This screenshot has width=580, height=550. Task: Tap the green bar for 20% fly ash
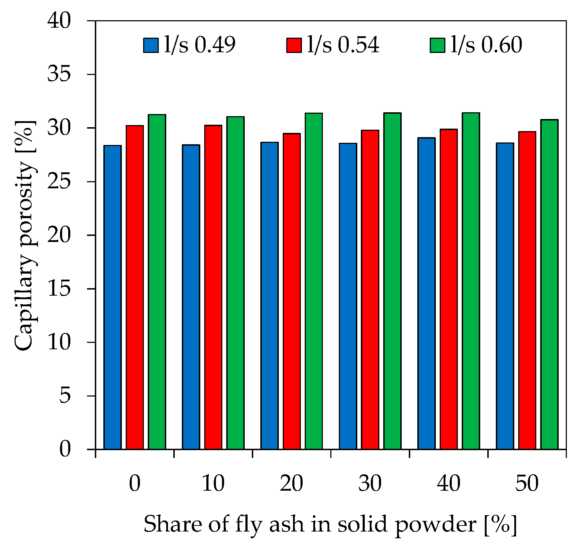(314, 281)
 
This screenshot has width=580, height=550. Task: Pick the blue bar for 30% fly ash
(348, 296)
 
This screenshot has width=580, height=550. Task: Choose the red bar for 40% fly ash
(449, 289)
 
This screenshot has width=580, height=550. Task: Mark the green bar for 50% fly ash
(549, 284)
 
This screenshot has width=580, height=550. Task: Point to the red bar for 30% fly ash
(370, 290)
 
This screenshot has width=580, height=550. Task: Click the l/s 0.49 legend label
(200, 45)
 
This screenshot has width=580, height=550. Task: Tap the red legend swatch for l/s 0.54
(294, 45)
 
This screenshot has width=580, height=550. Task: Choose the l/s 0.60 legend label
(486, 45)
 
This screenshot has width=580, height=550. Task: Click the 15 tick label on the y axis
(59, 289)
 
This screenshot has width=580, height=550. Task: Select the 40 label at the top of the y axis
(59, 21)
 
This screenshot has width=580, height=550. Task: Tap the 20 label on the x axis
(291, 483)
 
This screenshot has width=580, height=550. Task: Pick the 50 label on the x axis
(527, 483)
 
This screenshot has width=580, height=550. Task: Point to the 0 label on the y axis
(65, 449)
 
